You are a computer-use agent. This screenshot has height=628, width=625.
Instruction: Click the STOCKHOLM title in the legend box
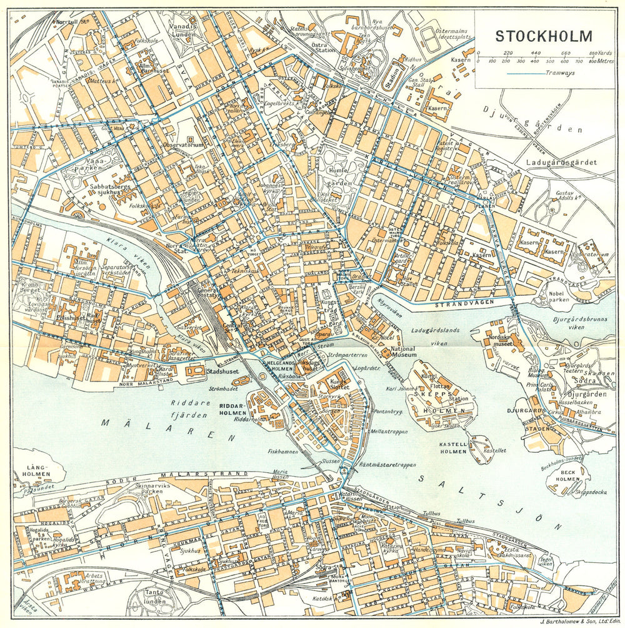pyautogui.click(x=544, y=36)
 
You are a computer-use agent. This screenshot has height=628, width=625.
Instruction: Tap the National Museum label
pyautogui.click(x=403, y=352)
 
